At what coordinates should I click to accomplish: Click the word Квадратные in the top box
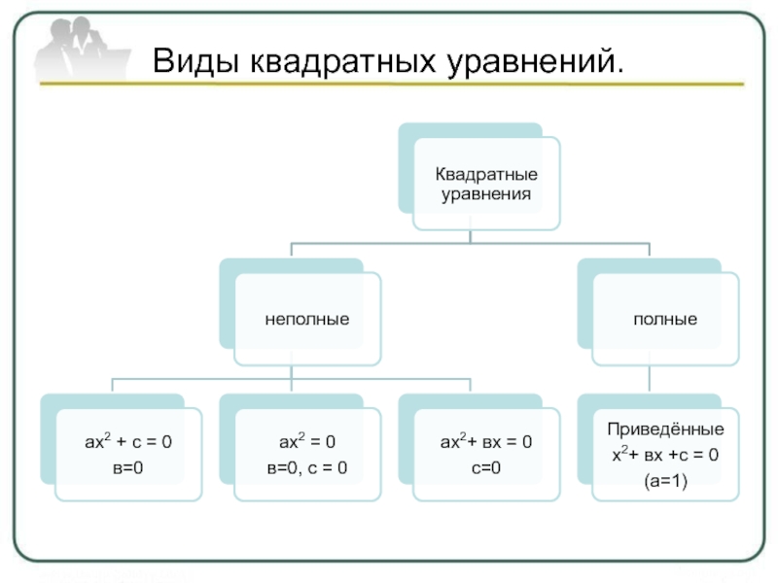point(485,175)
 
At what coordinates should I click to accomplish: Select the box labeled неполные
point(307,318)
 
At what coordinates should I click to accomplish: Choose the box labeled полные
point(665,318)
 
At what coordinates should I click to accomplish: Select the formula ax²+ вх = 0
point(485,443)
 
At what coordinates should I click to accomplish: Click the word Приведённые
point(665,429)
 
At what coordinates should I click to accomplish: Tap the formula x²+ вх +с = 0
point(665,454)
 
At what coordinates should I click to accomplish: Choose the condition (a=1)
point(665,479)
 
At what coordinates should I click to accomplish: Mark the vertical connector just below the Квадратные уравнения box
point(470,236)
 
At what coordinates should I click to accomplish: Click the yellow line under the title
point(389,86)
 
